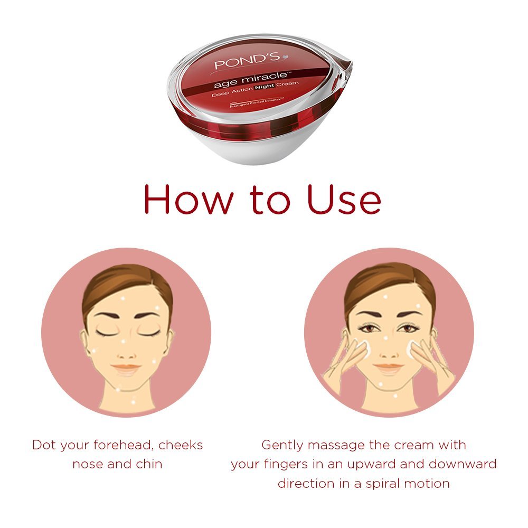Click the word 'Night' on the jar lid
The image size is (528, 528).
click(x=269, y=95)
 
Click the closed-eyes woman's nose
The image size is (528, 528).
click(x=126, y=348)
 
